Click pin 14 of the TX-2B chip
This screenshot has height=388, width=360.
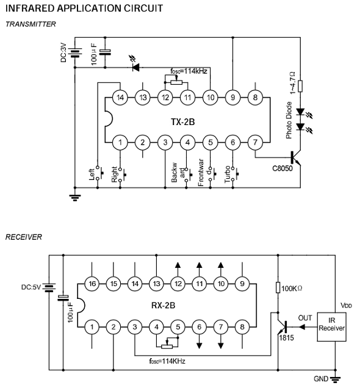120,98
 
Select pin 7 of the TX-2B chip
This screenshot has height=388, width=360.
255,143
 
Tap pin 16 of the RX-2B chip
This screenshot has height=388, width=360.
92,284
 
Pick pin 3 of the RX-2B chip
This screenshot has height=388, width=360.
135,327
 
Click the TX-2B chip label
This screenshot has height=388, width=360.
183,122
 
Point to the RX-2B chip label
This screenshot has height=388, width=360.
164,306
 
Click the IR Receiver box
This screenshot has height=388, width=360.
331,327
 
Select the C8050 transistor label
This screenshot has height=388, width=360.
283,168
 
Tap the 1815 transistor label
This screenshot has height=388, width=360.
287,338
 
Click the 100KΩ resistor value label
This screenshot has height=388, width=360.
292,289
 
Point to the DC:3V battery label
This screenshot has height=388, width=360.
64,52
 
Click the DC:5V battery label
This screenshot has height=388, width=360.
31,287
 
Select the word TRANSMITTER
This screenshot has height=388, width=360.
31,24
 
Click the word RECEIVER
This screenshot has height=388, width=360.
24,237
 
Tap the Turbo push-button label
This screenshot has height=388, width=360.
228,174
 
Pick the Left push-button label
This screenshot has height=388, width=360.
92,174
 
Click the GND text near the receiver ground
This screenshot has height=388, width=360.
321,379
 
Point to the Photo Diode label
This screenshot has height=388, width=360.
289,120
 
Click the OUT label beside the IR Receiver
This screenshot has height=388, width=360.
305,318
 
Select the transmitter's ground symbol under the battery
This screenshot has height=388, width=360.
74,198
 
